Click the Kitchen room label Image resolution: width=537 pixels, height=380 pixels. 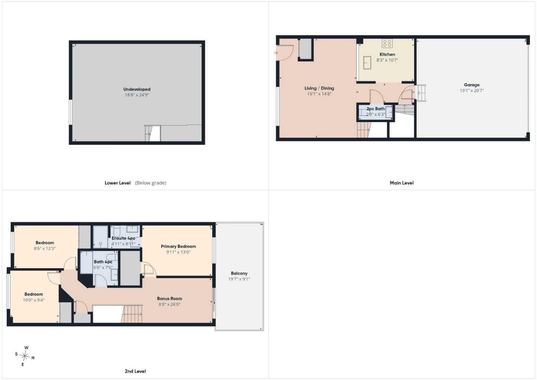point(387,55)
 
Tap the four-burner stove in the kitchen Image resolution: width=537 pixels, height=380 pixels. point(387,43)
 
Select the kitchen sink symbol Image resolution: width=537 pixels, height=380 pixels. point(367,63)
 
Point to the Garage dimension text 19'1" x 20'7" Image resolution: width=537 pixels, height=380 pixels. point(472,91)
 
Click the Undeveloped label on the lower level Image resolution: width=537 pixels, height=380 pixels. point(137,89)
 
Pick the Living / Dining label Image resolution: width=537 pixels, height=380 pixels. point(319,88)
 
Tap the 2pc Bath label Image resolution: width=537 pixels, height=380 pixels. point(376,109)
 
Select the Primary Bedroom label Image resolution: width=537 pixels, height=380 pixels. point(178,246)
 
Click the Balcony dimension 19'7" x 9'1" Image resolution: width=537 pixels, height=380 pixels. point(239,279)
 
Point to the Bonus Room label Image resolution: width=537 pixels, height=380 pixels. point(170,298)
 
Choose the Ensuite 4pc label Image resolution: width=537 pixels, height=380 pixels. point(123,238)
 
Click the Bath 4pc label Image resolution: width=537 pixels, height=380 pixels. point(103,262)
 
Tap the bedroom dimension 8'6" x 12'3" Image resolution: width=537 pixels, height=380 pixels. point(45,249)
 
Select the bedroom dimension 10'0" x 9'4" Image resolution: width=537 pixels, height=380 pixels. point(33,300)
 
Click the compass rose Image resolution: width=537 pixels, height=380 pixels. point(24,356)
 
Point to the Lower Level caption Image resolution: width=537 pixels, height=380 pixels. point(118,183)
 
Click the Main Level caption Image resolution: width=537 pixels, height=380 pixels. point(402,183)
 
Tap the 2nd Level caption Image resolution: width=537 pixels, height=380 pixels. point(135,371)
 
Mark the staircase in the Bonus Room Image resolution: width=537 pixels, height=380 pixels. point(132,314)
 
